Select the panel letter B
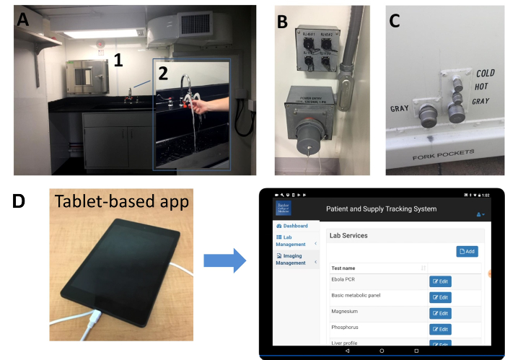(284, 22)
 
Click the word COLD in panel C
(485, 74)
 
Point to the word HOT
(482, 87)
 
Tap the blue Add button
(467, 251)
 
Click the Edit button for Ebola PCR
(440, 281)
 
